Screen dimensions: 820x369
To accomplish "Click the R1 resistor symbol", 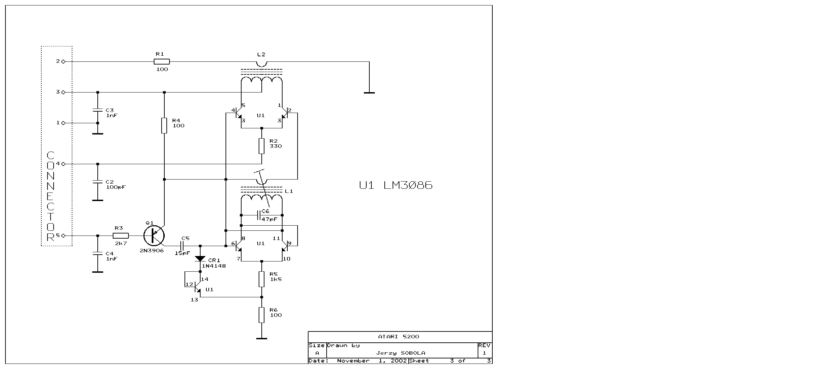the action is click(162, 62).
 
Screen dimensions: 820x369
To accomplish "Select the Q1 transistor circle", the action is click(154, 236).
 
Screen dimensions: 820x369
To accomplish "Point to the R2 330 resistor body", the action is click(262, 146).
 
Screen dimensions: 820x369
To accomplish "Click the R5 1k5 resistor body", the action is click(262, 279).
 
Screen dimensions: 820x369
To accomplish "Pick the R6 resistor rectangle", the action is click(262, 315).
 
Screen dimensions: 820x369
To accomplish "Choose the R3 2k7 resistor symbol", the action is click(121, 236).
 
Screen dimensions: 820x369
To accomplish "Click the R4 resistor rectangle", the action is click(164, 126).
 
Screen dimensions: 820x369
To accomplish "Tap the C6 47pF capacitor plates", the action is click(260, 215).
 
